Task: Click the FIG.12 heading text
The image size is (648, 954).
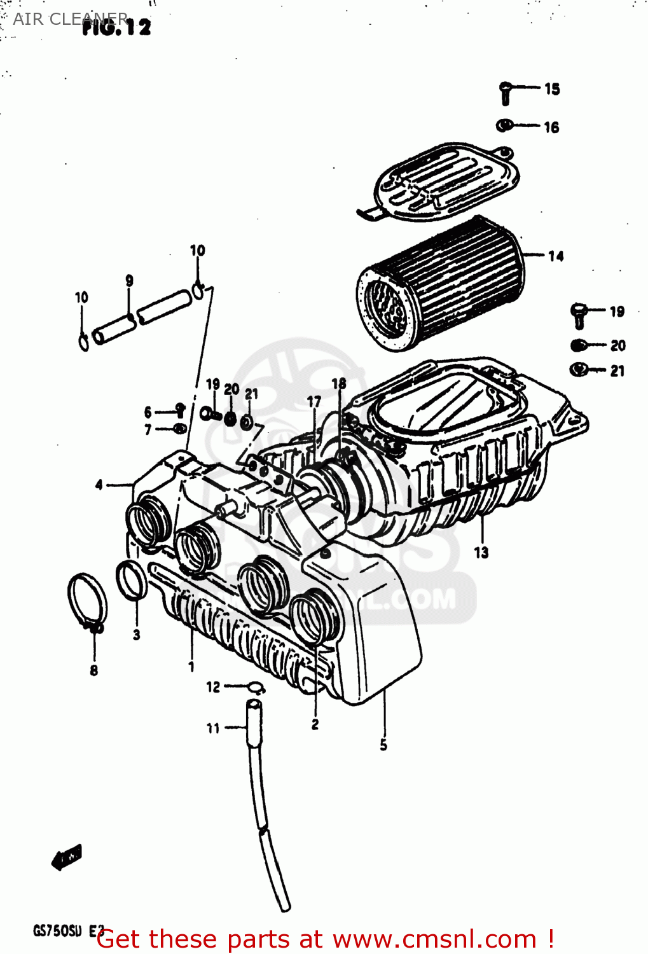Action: click(x=117, y=27)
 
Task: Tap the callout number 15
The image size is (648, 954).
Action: click(x=552, y=89)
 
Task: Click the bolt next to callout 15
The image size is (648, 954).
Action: click(x=506, y=93)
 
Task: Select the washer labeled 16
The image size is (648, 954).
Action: click(x=504, y=125)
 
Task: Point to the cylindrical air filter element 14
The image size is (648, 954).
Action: click(x=439, y=283)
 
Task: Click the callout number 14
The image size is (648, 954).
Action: click(x=556, y=256)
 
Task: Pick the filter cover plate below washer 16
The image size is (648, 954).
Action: click(x=445, y=181)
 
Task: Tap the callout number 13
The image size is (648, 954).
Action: click(x=481, y=552)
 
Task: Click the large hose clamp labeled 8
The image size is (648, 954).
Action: click(x=88, y=601)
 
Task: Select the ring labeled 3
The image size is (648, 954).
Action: click(x=132, y=581)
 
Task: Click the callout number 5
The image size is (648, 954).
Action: click(x=383, y=745)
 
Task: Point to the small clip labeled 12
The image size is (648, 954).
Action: click(x=256, y=687)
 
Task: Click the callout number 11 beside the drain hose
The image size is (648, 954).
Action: click(x=213, y=728)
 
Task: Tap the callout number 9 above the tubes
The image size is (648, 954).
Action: click(x=129, y=280)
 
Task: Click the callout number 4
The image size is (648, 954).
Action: click(x=99, y=485)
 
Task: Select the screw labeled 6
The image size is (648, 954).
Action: click(x=180, y=410)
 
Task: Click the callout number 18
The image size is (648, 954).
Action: click(x=339, y=384)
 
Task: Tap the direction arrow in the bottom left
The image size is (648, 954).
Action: click(x=67, y=857)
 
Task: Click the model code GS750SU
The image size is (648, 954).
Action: click(x=57, y=931)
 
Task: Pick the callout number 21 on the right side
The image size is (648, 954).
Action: click(x=617, y=371)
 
